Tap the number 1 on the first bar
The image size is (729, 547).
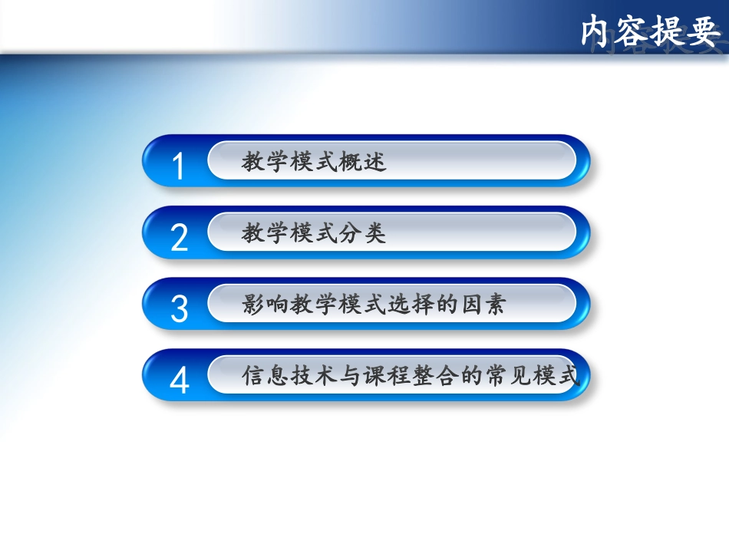(x=179, y=166)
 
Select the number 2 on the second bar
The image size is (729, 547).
(x=179, y=238)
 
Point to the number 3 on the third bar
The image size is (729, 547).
(x=179, y=308)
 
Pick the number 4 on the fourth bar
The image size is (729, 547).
(x=179, y=380)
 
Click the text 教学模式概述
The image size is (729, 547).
(x=313, y=162)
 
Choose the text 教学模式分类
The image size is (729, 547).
(x=313, y=233)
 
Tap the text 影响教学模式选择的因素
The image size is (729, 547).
(x=373, y=305)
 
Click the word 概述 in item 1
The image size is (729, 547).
(x=361, y=162)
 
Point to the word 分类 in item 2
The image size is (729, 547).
(x=361, y=233)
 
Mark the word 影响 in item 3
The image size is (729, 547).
(x=265, y=305)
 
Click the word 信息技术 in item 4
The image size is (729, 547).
(x=289, y=376)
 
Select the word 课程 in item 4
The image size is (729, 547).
(x=385, y=376)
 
